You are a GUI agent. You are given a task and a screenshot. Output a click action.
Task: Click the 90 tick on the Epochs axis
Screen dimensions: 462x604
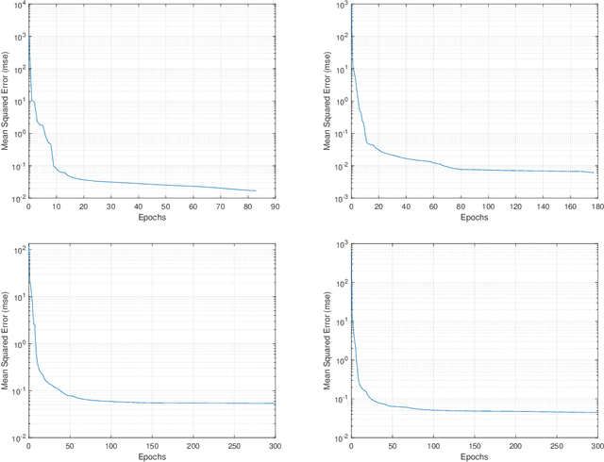pyautogui.click(x=275, y=206)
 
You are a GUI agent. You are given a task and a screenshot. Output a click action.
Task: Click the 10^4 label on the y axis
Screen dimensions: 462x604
pyautogui.click(x=18, y=8)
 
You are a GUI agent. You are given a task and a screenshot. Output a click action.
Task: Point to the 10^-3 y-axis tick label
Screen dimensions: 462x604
pyautogui.click(x=340, y=200)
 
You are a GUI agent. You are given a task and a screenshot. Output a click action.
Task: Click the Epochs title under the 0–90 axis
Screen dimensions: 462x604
pyautogui.click(x=151, y=218)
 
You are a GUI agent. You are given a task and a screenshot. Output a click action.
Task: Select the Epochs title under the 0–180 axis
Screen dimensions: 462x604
pyautogui.click(x=475, y=218)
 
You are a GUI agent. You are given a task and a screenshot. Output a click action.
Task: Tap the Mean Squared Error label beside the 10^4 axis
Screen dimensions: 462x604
pyautogui.click(x=6, y=102)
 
